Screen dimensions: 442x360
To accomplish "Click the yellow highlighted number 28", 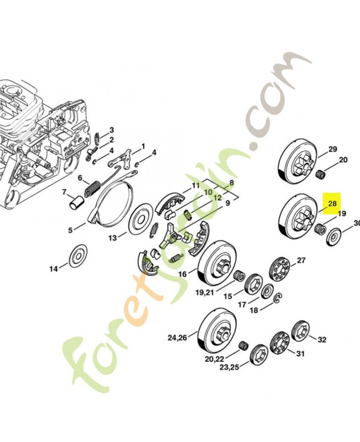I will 332,203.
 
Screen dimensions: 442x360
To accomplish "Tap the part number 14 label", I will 54,269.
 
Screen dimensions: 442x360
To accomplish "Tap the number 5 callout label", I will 70,230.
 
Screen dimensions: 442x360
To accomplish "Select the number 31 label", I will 301,354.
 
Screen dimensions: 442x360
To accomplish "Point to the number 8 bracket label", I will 231,183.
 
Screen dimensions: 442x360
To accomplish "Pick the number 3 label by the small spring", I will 112,129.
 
